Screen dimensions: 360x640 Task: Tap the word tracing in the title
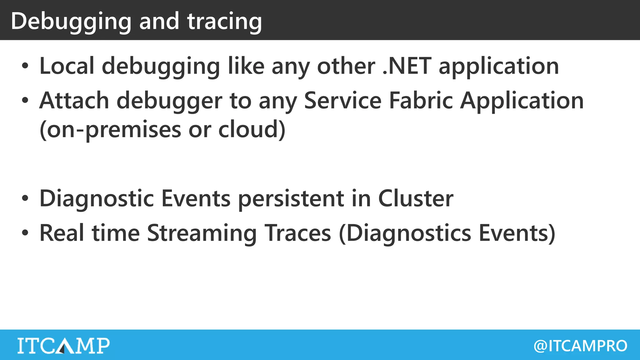tap(224, 21)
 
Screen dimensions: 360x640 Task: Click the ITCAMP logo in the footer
tap(63, 345)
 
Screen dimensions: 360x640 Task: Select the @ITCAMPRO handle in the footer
tap(580, 346)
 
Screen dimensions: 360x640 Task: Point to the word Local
tap(67, 66)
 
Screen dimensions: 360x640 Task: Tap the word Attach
tap(74, 101)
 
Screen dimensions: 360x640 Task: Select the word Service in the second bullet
tap(342, 101)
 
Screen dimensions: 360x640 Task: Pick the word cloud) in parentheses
tap(252, 129)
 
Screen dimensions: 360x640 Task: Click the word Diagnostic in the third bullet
tap(97, 198)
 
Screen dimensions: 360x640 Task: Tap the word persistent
tap(291, 198)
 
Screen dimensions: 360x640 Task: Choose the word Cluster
tap(416, 198)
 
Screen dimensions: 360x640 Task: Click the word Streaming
tap(202, 233)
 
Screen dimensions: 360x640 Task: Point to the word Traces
tap(297, 233)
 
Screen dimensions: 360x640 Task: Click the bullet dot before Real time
tap(25, 233)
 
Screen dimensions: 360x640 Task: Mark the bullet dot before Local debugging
tap(25, 66)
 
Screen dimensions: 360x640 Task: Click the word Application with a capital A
tap(522, 101)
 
